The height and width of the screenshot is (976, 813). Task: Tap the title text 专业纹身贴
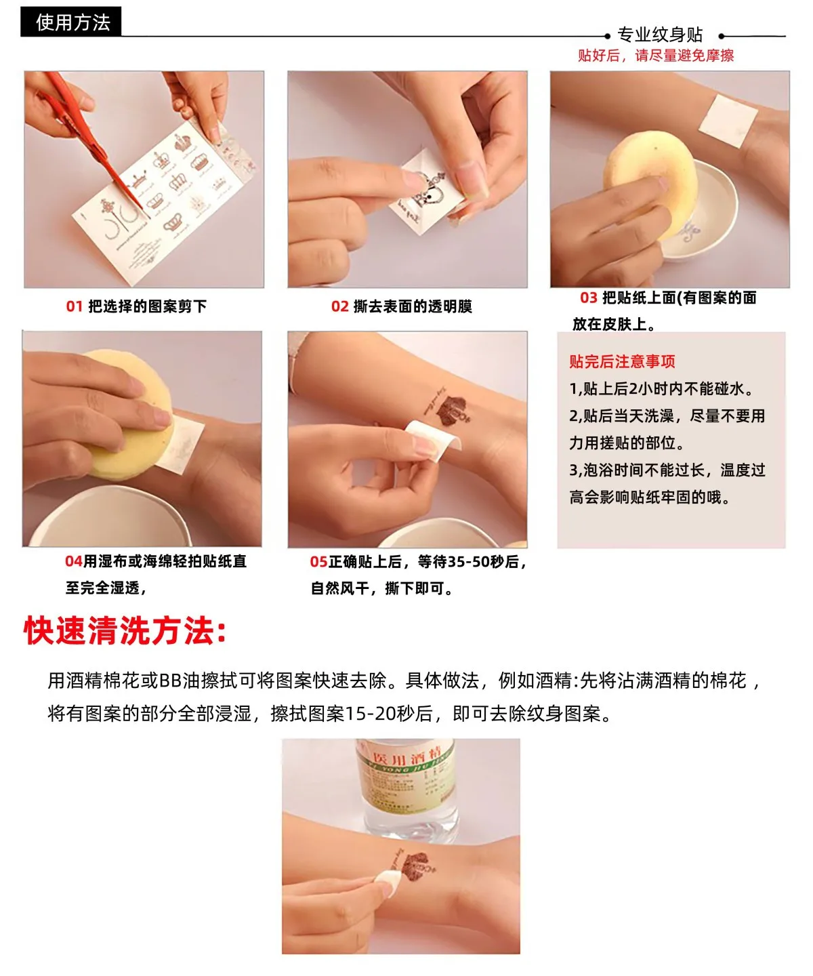(660, 35)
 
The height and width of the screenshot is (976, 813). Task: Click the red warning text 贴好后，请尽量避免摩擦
(655, 56)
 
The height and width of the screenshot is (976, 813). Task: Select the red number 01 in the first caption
(74, 306)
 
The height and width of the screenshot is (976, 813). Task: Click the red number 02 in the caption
(339, 306)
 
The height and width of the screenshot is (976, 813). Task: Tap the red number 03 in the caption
(588, 298)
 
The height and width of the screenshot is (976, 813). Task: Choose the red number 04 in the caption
(73, 561)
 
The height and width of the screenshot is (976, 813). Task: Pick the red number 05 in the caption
(318, 562)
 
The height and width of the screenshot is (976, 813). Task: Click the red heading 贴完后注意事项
(622, 361)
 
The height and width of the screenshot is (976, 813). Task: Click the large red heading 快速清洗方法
(125, 631)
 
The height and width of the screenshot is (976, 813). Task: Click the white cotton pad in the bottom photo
(389, 880)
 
